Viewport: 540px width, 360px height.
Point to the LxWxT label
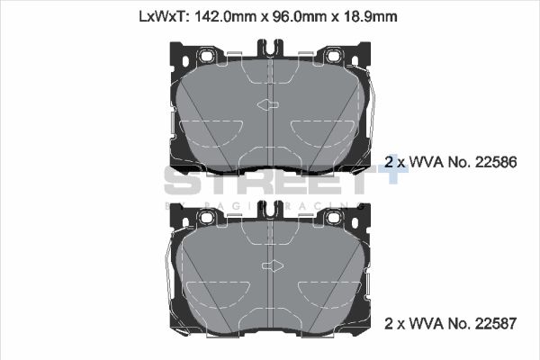158,16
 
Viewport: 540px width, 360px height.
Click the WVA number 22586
495,163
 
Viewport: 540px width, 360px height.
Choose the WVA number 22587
495,322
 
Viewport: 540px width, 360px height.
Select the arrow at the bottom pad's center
269,266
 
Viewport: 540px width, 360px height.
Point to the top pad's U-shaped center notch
269,49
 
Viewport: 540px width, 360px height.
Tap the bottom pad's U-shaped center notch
269,209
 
